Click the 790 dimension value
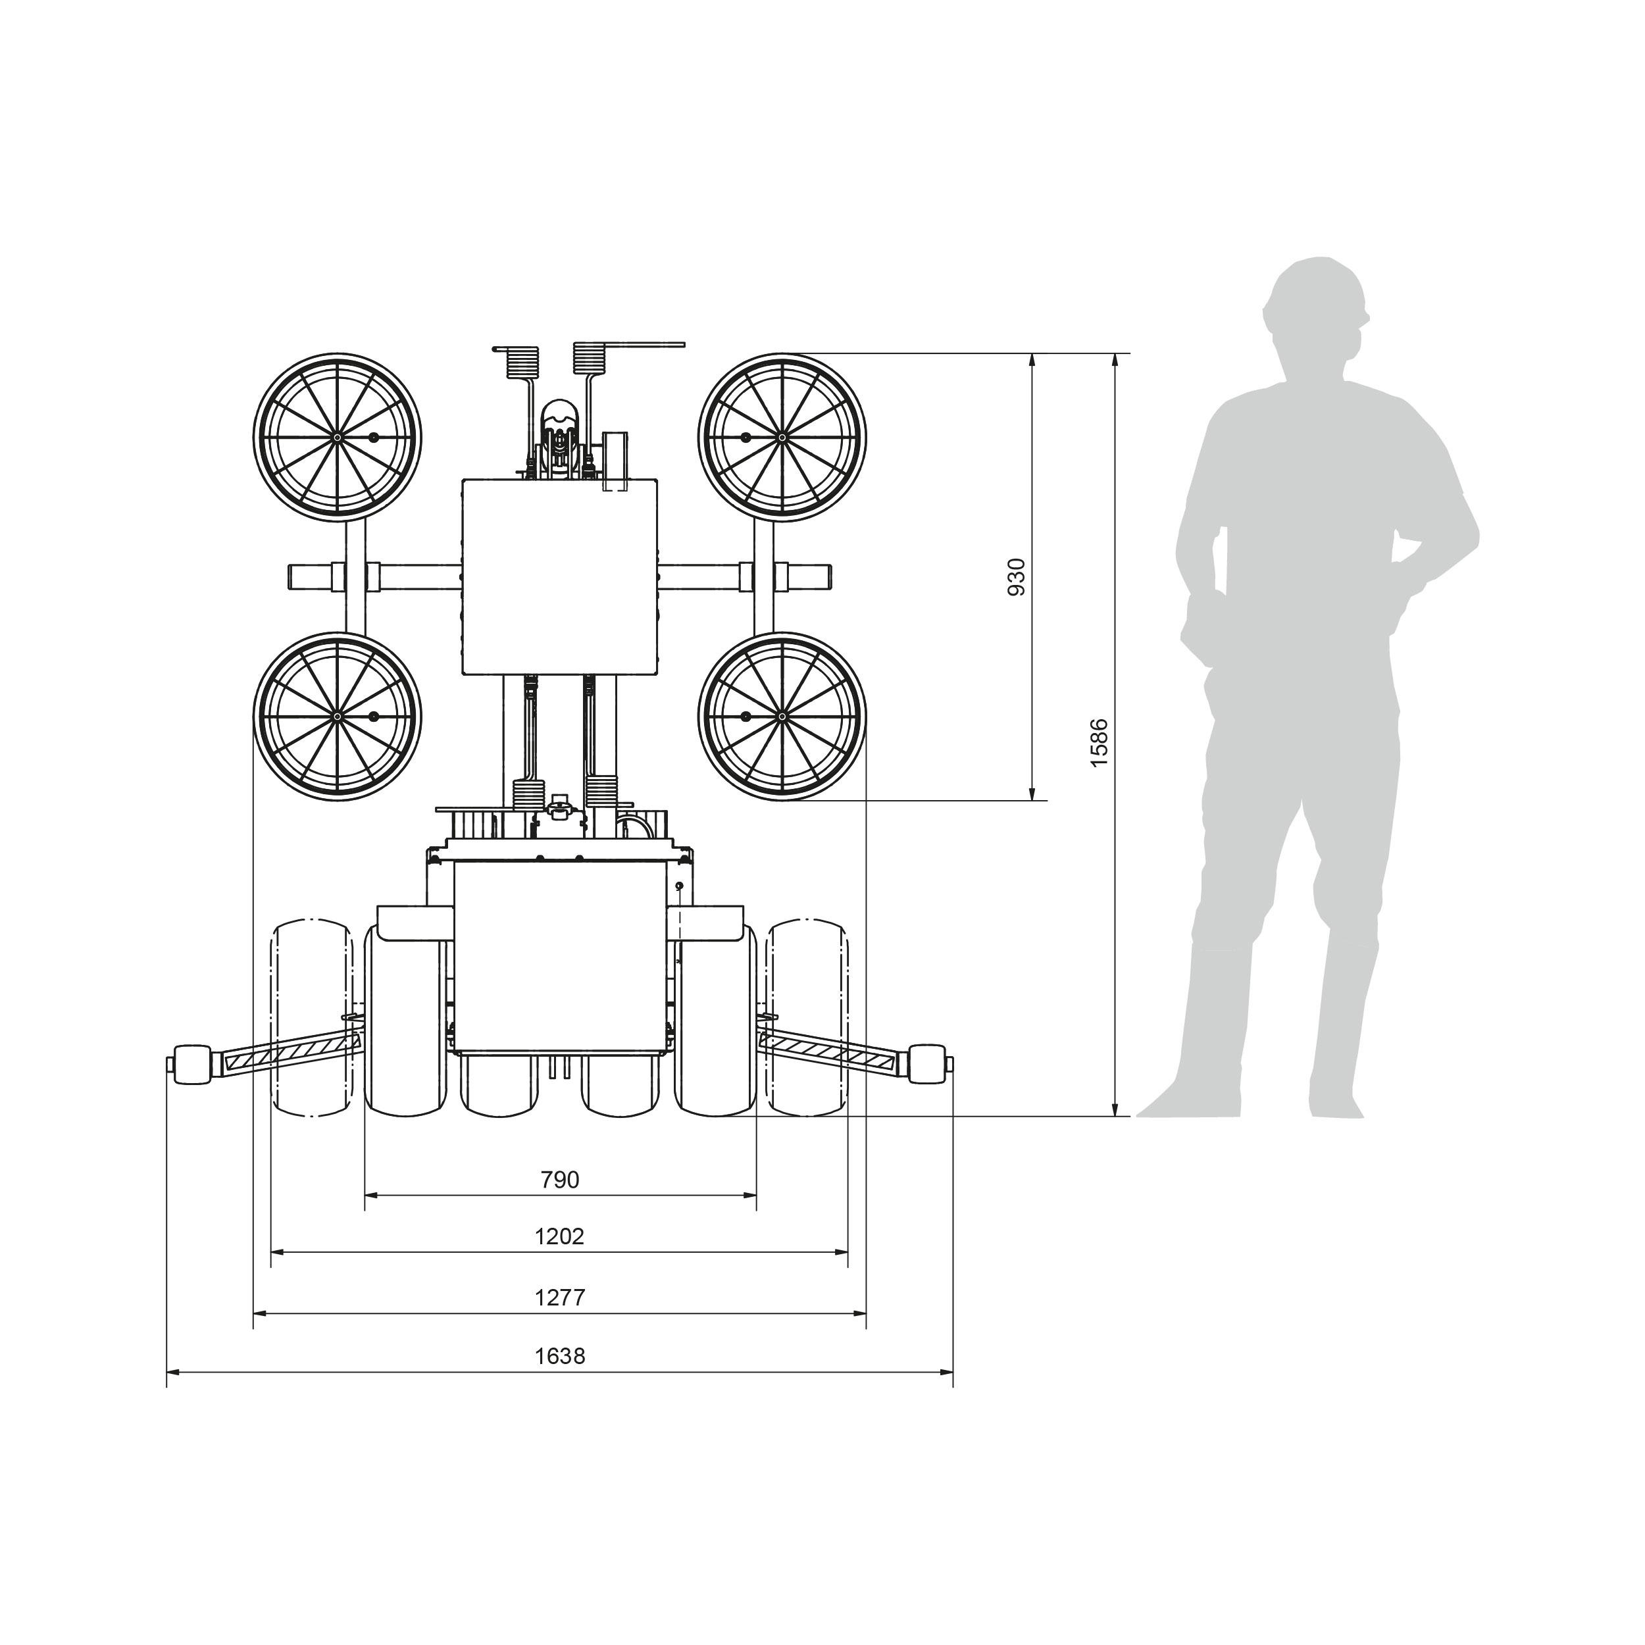point(559,1179)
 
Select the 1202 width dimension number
point(559,1236)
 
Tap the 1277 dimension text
point(559,1297)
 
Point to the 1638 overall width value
point(559,1355)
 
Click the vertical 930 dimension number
point(1017,576)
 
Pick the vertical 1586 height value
point(1100,742)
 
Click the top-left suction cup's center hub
point(337,437)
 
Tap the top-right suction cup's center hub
point(782,437)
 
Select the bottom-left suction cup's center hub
point(337,716)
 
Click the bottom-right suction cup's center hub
point(782,716)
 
